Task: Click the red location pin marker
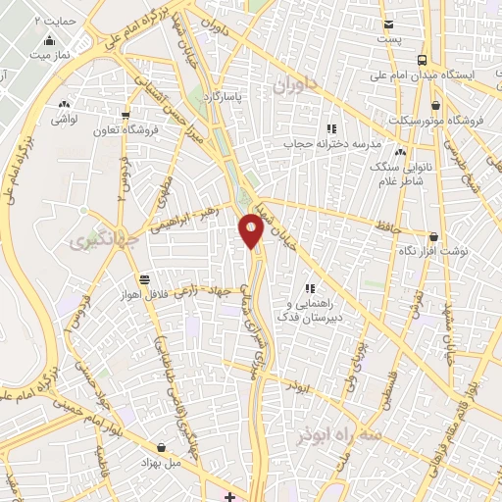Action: [252, 230]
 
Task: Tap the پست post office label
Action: [390, 39]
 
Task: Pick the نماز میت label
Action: [50, 57]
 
